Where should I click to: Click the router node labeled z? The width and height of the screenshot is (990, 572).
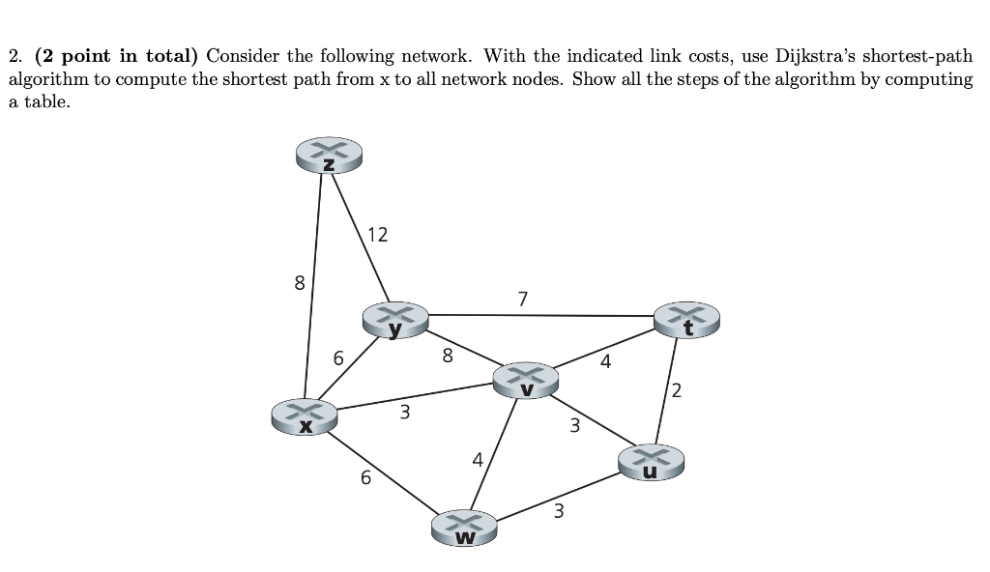click(330, 156)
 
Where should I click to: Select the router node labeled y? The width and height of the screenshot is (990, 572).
click(394, 319)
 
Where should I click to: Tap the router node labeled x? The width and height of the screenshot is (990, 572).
click(305, 417)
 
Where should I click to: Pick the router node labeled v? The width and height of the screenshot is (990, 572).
click(526, 380)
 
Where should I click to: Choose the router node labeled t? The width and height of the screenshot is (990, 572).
click(687, 320)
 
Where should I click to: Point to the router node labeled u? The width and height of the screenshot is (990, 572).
click(652, 462)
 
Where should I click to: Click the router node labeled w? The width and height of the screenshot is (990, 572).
click(465, 529)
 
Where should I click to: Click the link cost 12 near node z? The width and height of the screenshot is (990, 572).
click(378, 235)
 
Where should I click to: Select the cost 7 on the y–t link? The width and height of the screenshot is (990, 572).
click(523, 299)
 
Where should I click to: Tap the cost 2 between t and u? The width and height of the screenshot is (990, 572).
click(676, 390)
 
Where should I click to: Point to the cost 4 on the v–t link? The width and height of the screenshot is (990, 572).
click(605, 362)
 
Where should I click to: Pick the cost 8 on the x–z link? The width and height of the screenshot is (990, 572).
click(299, 284)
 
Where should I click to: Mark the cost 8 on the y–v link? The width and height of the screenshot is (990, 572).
click(447, 356)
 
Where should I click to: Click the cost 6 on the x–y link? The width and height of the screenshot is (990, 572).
click(338, 358)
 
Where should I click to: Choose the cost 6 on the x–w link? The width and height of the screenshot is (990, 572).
click(364, 477)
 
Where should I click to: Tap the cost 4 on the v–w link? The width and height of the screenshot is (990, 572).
click(478, 460)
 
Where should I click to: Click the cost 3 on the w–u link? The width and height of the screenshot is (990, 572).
click(559, 511)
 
